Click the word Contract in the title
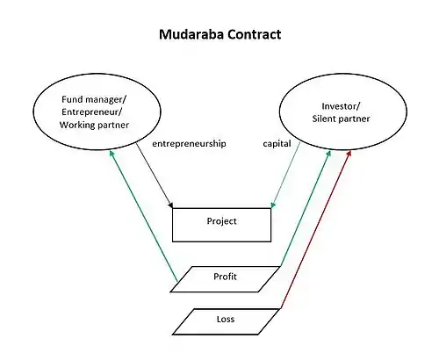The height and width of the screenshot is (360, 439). pyautogui.click(x=255, y=34)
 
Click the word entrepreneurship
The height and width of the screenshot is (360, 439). pyautogui.click(x=189, y=144)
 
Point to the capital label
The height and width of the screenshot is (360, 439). pyautogui.click(x=277, y=144)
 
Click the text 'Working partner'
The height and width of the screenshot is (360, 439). pyautogui.click(x=94, y=125)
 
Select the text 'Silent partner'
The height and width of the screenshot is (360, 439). pyautogui.click(x=341, y=119)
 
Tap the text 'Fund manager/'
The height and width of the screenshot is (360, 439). pyautogui.click(x=94, y=99)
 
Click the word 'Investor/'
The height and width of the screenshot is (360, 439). pyautogui.click(x=341, y=106)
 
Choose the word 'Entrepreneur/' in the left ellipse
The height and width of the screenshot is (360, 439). pyautogui.click(x=92, y=112)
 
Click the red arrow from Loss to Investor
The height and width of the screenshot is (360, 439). pyautogui.click(x=315, y=229)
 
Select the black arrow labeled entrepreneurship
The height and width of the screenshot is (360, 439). pyautogui.click(x=155, y=176)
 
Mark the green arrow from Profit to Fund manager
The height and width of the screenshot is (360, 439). pyautogui.click(x=143, y=216)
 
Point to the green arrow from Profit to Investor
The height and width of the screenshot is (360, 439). pyautogui.click(x=306, y=208)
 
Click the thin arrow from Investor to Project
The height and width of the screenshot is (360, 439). pyautogui.click(x=285, y=175)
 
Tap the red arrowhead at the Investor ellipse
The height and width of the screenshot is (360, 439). pyautogui.click(x=349, y=153)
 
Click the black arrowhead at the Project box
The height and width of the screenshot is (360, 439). pyautogui.click(x=170, y=205)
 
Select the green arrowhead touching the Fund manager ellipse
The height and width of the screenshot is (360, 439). pyautogui.click(x=112, y=154)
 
